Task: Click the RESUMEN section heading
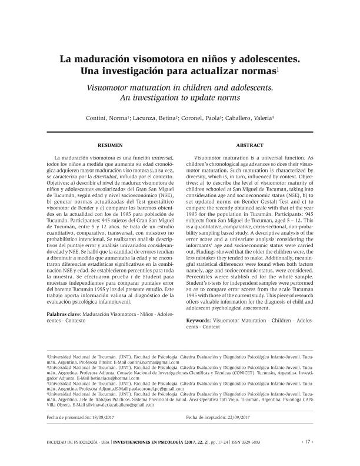point(110,145)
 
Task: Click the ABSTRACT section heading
point(249,145)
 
